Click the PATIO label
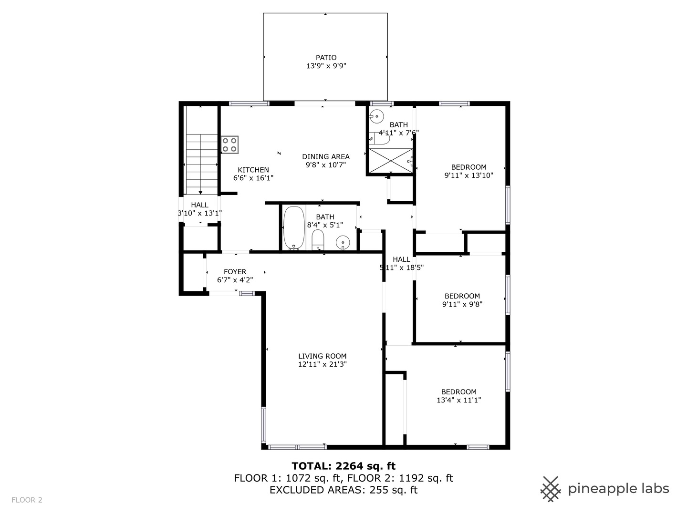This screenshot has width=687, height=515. [x=326, y=58]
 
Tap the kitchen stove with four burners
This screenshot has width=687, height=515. [x=229, y=145]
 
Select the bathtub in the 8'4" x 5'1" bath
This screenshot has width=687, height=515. [x=294, y=227]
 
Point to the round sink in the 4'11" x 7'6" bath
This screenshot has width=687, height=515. [x=377, y=116]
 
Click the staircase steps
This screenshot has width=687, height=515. [x=201, y=162]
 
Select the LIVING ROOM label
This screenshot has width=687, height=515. [x=322, y=356]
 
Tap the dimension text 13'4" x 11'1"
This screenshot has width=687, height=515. [x=458, y=401]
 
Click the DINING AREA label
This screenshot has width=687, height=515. [x=325, y=156]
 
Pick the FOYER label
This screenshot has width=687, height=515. [x=235, y=272]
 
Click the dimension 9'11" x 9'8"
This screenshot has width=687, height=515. [x=462, y=304]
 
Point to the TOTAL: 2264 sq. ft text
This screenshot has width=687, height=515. [x=343, y=466]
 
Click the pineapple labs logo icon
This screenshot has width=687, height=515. [x=551, y=489]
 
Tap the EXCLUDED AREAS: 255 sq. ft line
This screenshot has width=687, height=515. [x=343, y=490]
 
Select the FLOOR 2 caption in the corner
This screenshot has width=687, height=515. [x=27, y=500]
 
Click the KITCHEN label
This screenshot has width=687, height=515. [x=253, y=170]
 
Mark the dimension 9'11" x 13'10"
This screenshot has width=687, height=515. [x=468, y=175]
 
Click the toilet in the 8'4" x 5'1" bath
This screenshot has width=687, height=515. [x=318, y=239]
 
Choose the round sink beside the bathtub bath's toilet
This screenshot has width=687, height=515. [x=343, y=243]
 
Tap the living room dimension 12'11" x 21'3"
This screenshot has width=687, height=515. [x=322, y=364]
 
